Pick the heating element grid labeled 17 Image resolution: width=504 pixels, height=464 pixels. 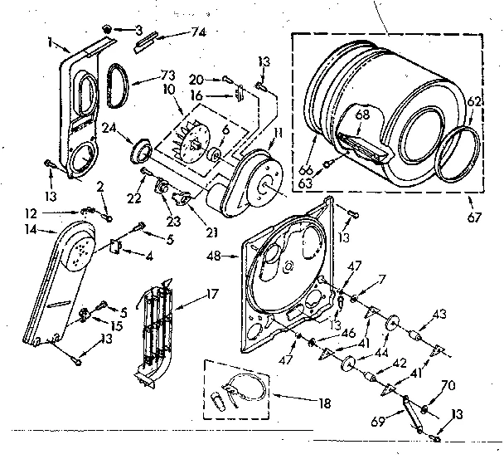coord(157,332)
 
